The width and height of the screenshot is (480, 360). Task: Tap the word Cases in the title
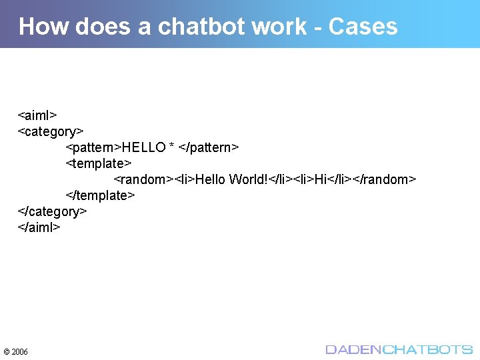point(363,27)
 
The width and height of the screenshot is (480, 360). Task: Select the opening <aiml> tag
point(37,115)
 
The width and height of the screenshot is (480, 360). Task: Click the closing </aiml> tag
point(39,227)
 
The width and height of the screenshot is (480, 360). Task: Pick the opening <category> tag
point(51,131)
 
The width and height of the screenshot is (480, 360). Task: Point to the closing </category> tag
point(53,211)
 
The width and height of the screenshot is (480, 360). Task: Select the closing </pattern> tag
point(209,147)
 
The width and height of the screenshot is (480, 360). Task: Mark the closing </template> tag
point(101,195)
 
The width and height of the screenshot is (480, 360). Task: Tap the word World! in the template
point(247,179)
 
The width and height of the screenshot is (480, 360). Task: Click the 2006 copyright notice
point(16,351)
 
